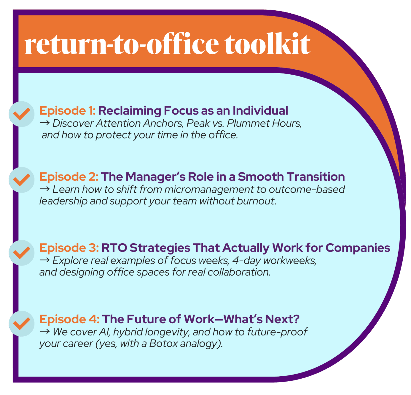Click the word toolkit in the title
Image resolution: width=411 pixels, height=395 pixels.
267,44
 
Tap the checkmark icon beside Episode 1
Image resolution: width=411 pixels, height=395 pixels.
21,114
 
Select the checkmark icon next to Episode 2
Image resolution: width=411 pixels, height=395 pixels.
21,180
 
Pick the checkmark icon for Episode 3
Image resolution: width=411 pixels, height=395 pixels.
21,253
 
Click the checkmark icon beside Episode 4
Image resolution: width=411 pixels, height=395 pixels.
21,324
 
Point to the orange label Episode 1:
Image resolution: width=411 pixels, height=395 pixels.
67,111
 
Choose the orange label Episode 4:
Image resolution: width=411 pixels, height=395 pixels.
69,319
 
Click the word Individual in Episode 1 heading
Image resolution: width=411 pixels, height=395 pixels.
260,111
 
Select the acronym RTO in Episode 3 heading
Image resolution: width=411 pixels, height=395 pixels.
114,248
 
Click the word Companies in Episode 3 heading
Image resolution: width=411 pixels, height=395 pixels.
358,248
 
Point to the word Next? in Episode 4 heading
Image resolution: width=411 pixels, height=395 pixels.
282,319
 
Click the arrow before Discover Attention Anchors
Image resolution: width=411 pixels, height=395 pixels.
44,123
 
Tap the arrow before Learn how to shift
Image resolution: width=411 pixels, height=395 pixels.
44,189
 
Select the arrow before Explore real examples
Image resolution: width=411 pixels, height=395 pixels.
44,260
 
